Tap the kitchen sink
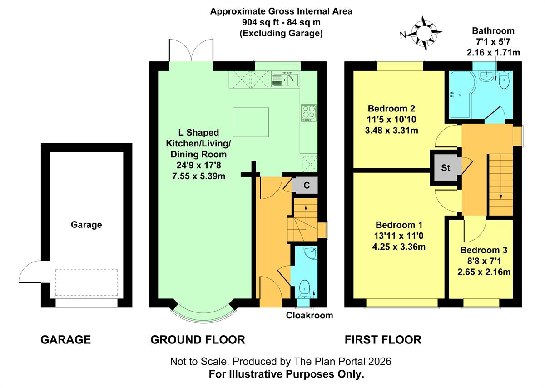pos(285,79)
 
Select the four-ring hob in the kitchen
pos(309,113)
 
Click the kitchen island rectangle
pos(251,122)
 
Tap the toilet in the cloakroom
pos(305,289)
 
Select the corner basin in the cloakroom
pos(311,253)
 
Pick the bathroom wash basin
pos(486,76)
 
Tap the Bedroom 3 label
pos(484,250)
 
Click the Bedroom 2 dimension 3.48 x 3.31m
pos(391,131)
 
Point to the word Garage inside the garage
pos(86,224)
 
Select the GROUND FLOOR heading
pos(198,339)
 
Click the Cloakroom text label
pos(309,315)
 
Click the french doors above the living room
pos(191,50)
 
